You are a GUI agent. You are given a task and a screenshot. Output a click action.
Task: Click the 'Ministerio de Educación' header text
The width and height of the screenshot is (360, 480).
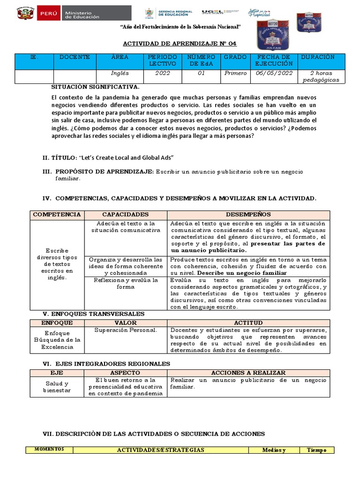pos(82,14)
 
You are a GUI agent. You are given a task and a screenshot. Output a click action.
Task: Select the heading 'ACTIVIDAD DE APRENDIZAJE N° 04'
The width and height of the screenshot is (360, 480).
pos(180,44)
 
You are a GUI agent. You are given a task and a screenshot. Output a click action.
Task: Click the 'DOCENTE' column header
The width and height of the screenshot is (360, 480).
pos(75,57)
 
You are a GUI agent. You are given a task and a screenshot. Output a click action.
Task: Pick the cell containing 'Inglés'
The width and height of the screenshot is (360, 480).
pos(120,74)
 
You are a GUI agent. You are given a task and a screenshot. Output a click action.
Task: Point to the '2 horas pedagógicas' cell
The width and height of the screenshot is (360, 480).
pos(322,76)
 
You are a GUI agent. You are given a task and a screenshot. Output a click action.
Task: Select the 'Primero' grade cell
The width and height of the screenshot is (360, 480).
pos(235,74)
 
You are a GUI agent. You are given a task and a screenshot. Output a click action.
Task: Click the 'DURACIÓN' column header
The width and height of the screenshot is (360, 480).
pos(318,57)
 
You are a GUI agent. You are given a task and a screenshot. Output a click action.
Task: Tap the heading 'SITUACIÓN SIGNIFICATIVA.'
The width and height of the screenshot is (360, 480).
pos(95,87)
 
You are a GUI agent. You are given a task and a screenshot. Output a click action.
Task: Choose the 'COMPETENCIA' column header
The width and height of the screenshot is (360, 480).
pos(57,214)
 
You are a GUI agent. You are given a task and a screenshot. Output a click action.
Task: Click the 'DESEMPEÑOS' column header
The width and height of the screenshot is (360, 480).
pos(248,214)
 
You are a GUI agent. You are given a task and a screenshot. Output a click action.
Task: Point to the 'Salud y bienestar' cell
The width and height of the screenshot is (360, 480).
pos(56,387)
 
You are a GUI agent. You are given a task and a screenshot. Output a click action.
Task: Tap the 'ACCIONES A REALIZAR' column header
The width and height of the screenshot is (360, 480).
pos(248,373)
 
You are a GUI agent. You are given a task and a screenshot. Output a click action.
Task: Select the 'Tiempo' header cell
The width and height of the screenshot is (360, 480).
pos(316,450)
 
